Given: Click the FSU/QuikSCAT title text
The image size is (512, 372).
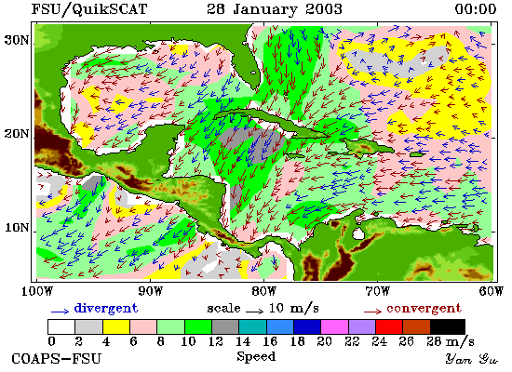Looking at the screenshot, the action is [x=89, y=9].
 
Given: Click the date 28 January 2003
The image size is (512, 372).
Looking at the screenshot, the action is [x=275, y=9].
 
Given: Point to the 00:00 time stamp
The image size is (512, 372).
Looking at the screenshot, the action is [x=476, y=9].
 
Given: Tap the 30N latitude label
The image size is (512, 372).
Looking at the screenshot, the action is [x=17, y=40].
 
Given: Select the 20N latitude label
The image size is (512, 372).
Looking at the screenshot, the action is [x=17, y=134].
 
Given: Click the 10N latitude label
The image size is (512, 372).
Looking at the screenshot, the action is [x=17, y=228].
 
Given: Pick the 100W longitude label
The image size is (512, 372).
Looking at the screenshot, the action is [x=36, y=291].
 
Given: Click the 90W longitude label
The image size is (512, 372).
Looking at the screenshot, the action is [x=150, y=291].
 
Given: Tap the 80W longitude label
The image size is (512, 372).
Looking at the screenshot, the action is [x=263, y=291].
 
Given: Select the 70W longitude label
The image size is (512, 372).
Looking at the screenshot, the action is [x=377, y=291].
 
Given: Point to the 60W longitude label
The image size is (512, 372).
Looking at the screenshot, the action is [x=492, y=291].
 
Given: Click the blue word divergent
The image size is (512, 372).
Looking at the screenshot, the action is [x=106, y=308].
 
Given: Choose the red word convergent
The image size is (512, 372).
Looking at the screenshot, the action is [x=424, y=308].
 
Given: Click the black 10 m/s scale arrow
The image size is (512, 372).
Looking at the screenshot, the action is [x=254, y=312].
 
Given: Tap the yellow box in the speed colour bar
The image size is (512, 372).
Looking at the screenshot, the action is [x=116, y=326].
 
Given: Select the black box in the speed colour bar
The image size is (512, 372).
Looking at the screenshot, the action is [x=448, y=326].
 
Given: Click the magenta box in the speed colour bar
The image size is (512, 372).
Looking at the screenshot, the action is [x=334, y=326].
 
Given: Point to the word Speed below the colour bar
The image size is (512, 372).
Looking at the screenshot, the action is [x=256, y=356].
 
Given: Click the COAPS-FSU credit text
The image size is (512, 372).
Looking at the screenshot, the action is [x=56, y=359].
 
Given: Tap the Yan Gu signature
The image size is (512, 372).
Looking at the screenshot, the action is [x=472, y=359].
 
